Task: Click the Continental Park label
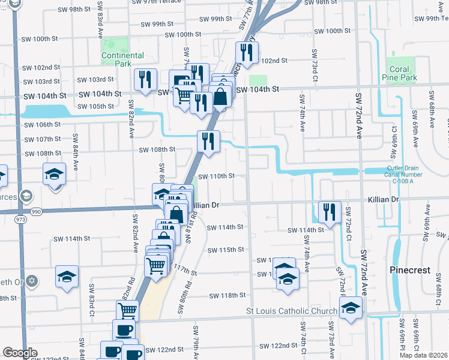(122, 59)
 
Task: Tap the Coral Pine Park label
(399, 74)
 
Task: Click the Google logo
(20, 352)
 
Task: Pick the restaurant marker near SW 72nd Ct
(330, 211)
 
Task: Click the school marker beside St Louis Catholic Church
(351, 307)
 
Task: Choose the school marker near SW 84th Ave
(55, 174)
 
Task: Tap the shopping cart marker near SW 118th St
(128, 311)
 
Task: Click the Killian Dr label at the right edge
(386, 199)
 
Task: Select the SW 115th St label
(226, 250)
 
